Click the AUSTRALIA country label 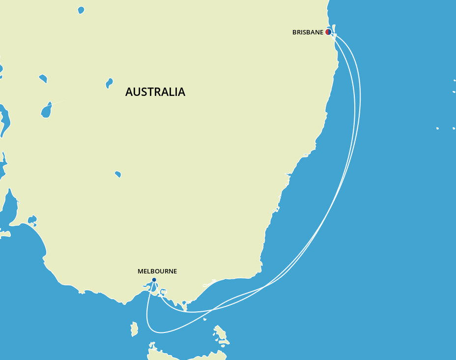155,92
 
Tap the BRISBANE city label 308,32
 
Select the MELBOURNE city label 157,271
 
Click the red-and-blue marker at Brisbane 328,32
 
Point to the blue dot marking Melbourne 154,280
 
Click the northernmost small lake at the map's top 81,10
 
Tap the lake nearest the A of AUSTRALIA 109,83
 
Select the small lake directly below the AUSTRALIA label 118,174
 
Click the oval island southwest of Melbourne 134,329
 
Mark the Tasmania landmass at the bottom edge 182,353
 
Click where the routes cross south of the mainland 212,310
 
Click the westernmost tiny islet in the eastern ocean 437,128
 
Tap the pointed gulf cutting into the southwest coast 10,207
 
